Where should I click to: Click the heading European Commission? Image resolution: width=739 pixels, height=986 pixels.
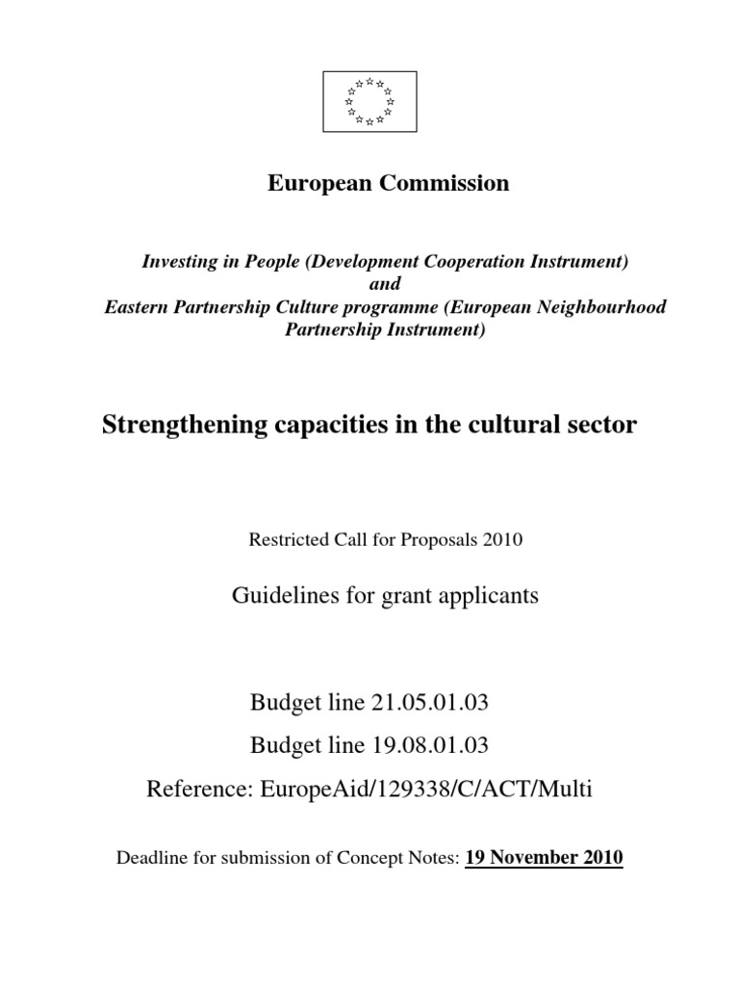[x=388, y=183]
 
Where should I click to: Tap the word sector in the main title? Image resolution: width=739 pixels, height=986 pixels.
[x=604, y=425]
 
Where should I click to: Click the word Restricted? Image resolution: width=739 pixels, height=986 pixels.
[x=286, y=539]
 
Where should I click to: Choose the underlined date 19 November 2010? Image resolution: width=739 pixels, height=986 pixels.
[x=544, y=857]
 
